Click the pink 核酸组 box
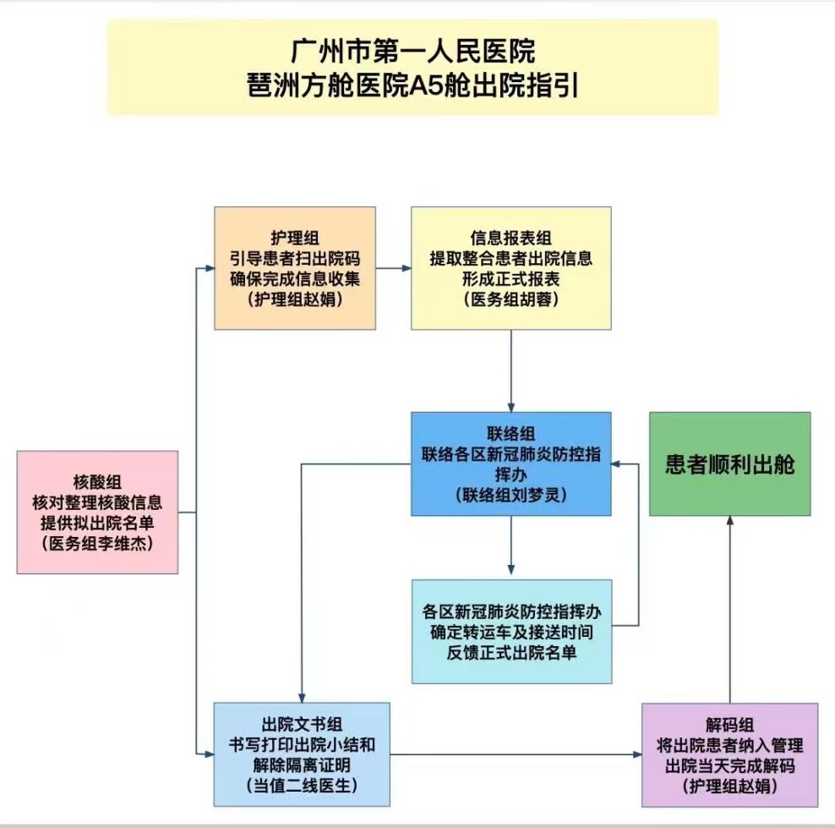point(97,513)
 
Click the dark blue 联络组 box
point(510,463)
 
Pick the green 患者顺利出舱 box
point(729,464)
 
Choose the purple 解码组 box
point(729,755)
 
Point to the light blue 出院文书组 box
point(302,754)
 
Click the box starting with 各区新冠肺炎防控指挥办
point(510,632)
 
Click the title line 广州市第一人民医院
point(412,52)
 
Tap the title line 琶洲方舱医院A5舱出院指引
point(412,87)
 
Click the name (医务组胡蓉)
point(510,299)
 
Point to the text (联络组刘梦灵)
point(510,494)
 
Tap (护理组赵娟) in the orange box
point(294,299)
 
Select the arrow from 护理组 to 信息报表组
point(393,269)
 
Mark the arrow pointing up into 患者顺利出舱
point(730,609)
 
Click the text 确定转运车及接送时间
point(510,632)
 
